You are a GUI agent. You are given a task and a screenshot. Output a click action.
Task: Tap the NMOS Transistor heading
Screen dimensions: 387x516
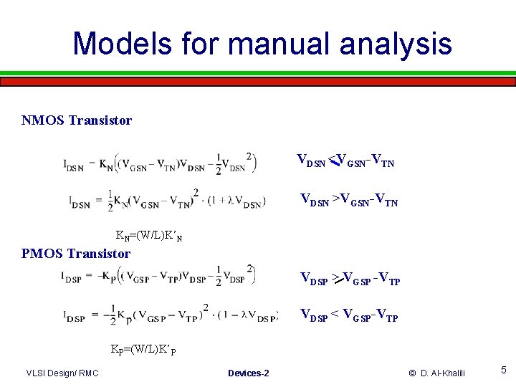pos(77,120)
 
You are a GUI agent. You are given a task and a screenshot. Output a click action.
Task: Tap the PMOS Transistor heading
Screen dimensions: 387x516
pos(76,253)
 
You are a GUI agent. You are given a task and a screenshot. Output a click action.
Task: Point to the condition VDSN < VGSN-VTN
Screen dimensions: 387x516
pos(345,162)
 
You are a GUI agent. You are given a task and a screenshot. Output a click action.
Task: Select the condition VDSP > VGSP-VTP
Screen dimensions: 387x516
pos(350,279)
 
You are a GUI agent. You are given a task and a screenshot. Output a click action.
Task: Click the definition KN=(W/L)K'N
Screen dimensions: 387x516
pos(148,235)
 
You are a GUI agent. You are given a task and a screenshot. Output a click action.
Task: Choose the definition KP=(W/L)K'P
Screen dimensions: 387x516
pos(143,350)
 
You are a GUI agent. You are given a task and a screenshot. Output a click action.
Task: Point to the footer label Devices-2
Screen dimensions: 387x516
pos(248,373)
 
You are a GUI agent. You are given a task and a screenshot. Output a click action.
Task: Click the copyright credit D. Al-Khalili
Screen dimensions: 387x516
pos(437,373)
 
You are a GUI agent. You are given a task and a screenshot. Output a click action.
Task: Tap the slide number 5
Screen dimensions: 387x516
pos(504,371)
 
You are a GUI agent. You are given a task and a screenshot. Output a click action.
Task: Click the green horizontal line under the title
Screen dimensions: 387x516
pos(258,72)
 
